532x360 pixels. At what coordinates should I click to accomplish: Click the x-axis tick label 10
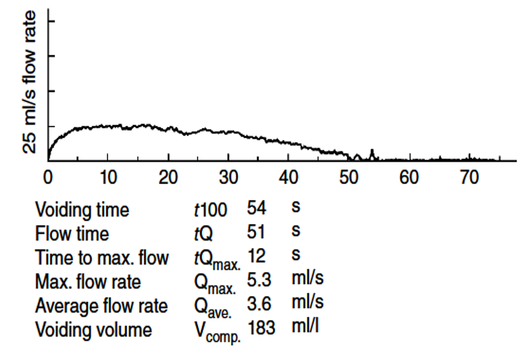tap(108, 177)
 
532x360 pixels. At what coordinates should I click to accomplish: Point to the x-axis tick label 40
tap(288, 177)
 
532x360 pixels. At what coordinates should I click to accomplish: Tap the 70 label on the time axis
tap(469, 177)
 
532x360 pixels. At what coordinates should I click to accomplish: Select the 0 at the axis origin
tap(48, 177)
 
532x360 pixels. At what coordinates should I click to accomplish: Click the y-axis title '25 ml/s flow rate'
tap(30, 82)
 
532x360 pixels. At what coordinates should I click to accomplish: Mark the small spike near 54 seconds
tap(372, 154)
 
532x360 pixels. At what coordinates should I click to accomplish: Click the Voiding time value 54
tap(256, 208)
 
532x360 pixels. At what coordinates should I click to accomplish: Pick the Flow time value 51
tap(256, 232)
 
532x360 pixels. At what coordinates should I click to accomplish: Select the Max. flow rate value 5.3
tap(259, 280)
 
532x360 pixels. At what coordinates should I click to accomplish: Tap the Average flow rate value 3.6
tap(259, 304)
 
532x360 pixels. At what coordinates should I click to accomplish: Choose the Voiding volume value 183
tap(261, 328)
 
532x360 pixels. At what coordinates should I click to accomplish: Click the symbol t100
tap(210, 210)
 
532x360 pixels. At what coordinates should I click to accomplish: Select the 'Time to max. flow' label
tap(102, 258)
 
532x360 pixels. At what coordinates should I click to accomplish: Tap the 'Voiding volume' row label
tap(93, 329)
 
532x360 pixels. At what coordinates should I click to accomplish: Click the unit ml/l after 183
tap(305, 326)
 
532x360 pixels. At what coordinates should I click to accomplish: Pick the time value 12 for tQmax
tap(256, 256)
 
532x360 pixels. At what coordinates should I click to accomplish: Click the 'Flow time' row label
tap(72, 234)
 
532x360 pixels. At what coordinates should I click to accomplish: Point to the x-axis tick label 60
tap(409, 177)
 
